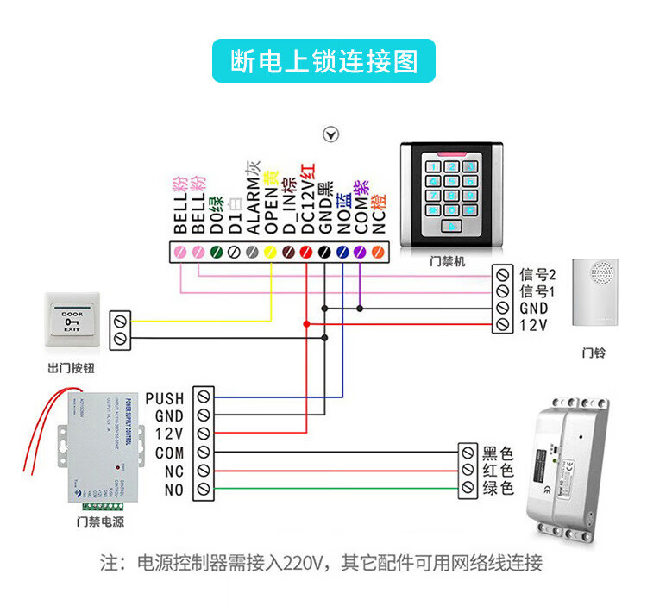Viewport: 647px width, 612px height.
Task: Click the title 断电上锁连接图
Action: click(x=323, y=60)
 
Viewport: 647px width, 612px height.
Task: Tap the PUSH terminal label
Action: click(x=164, y=398)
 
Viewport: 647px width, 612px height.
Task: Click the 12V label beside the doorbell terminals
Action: click(x=534, y=325)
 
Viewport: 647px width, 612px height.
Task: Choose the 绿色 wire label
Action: click(x=498, y=489)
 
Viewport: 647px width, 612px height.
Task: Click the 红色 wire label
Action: click(x=498, y=471)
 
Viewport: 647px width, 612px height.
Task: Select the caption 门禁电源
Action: click(x=101, y=521)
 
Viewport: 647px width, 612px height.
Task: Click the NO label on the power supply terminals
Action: click(x=173, y=490)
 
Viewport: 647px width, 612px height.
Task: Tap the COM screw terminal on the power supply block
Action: click(x=203, y=453)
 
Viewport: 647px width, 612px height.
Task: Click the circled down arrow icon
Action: click(x=331, y=134)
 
